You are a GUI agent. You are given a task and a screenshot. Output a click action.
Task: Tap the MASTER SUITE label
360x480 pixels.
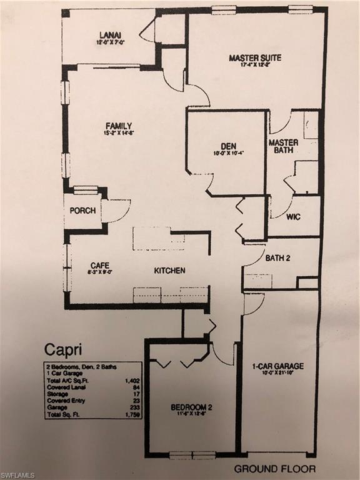pos(254,58)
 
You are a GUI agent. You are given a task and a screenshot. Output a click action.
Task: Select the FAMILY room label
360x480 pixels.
pos(119,126)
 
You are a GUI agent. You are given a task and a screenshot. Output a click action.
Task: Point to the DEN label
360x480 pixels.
pos(227,146)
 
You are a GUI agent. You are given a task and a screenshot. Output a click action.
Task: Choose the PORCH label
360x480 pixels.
pos(82,211)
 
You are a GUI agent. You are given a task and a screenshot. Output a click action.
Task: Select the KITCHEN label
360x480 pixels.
pos(169,271)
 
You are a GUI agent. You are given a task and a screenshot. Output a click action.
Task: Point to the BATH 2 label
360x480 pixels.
pos(277,257)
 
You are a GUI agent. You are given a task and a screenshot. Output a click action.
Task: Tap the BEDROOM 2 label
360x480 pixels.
pos(191,407)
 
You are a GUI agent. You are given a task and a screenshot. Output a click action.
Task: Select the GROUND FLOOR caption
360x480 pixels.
pos(274,468)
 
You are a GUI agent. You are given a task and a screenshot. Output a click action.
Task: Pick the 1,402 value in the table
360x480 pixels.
pos(132,379)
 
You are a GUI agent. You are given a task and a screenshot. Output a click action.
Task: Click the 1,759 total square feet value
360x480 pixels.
pos(132,414)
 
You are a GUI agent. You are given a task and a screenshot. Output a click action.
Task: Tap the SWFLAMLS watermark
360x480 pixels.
pos(19,474)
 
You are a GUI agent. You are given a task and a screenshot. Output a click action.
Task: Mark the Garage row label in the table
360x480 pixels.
pos(54,407)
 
